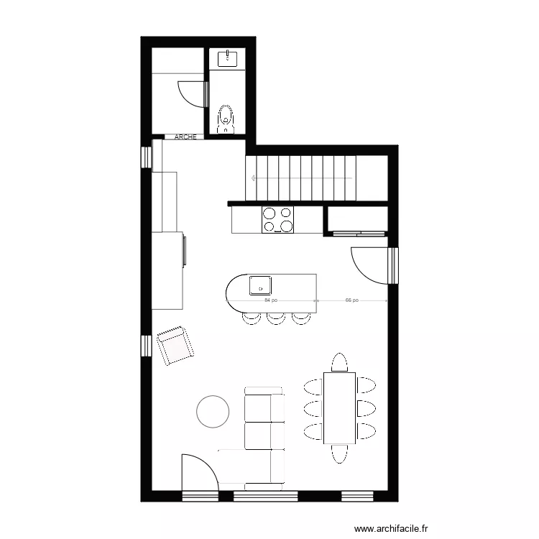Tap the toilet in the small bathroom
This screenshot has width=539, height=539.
click(x=226, y=119)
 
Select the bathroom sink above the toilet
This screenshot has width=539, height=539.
click(x=227, y=57)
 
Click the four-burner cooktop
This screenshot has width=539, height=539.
click(x=278, y=219)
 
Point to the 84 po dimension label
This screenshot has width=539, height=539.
click(x=271, y=300)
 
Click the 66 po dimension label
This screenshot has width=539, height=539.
click(x=351, y=300)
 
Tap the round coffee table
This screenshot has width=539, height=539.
click(x=213, y=411)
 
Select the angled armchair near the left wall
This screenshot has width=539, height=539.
click(x=175, y=345)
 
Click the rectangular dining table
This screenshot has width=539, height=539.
click(x=338, y=407)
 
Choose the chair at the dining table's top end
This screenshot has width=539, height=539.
click(x=338, y=361)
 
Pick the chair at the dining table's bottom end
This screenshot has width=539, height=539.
click(x=338, y=454)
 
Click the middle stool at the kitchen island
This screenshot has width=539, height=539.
click(x=276, y=318)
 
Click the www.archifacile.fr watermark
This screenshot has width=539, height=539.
click(x=390, y=528)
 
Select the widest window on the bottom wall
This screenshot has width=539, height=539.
click(x=264, y=495)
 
